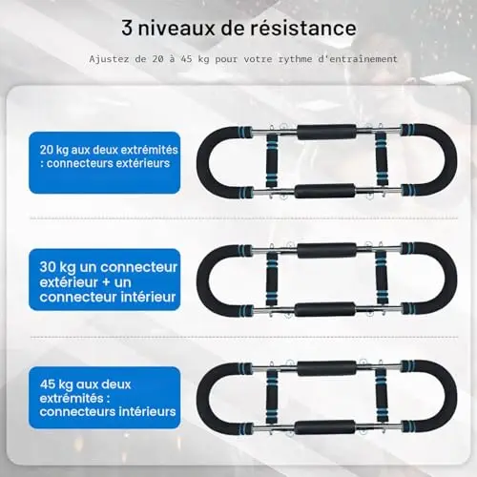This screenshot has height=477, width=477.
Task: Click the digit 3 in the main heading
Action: [x=127, y=28]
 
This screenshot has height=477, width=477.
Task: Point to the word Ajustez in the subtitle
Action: [x=109, y=59]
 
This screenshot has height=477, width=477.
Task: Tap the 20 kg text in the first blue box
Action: [x=54, y=150]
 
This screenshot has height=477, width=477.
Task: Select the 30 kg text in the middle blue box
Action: [x=57, y=268]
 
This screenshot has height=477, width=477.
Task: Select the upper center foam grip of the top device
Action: [x=327, y=133]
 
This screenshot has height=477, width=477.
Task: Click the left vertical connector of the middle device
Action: [x=272, y=279]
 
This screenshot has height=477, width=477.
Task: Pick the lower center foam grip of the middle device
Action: [x=324, y=309]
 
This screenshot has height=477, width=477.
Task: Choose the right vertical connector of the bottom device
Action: [x=382, y=396]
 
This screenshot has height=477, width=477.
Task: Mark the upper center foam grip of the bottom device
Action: [x=327, y=368]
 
